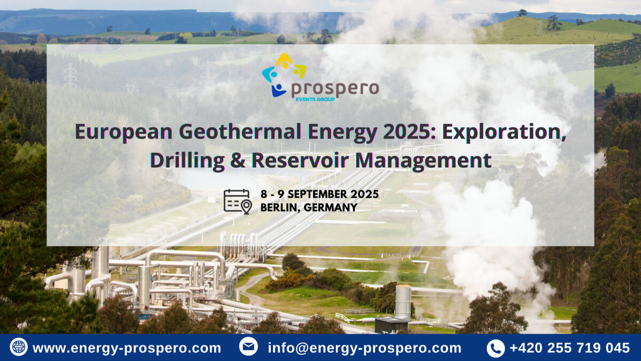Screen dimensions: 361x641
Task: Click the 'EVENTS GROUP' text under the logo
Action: tap(315, 99)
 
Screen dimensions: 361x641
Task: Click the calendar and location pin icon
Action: tap(237, 201)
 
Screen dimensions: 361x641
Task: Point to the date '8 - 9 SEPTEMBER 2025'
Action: tap(319, 194)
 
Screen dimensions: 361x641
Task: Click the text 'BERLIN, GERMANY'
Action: tap(309, 208)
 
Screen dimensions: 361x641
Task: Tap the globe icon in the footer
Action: tap(19, 347)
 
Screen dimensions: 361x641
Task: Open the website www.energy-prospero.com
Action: tap(127, 348)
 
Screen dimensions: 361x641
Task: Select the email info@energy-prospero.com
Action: tap(364, 348)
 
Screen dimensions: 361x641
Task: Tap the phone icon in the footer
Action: tap(495, 348)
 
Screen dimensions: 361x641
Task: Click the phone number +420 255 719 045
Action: tap(569, 348)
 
